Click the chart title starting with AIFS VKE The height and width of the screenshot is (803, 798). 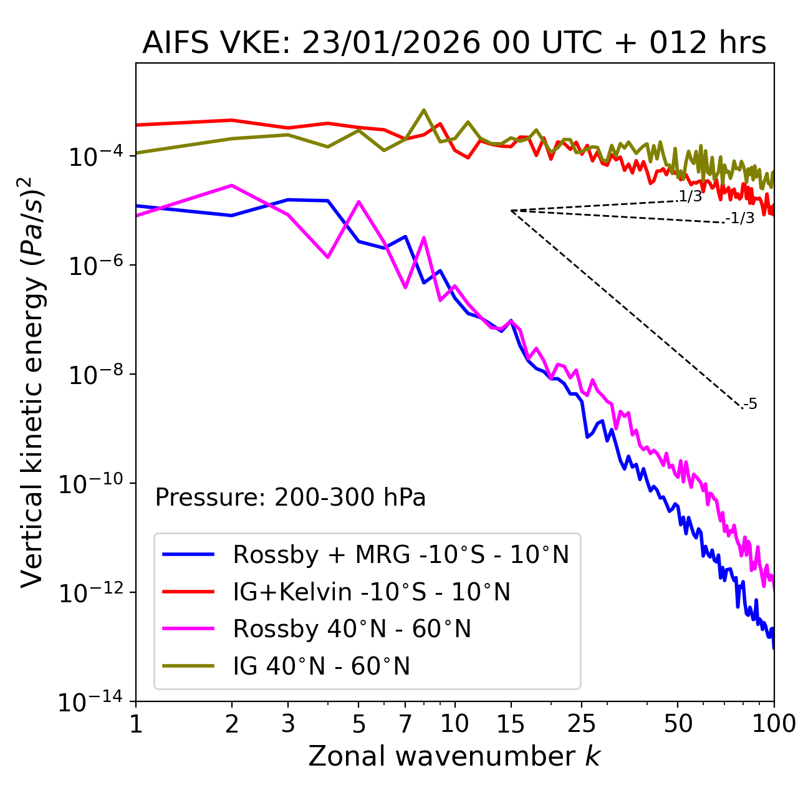[x=454, y=44]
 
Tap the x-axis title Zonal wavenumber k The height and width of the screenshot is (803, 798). [x=454, y=756]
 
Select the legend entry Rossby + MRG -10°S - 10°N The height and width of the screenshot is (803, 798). [x=401, y=554]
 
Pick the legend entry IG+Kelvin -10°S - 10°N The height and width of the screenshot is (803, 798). [x=372, y=592]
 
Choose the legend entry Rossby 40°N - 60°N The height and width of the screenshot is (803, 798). [x=352, y=629]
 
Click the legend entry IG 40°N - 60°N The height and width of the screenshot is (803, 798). [x=321, y=666]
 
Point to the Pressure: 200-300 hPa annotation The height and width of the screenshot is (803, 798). [x=290, y=498]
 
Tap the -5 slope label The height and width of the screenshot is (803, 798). [x=750, y=405]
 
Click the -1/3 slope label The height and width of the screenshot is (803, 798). [x=740, y=218]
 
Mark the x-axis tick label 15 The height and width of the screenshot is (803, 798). [x=511, y=724]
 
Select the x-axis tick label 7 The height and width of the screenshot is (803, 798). [x=405, y=724]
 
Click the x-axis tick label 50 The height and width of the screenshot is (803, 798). [x=678, y=724]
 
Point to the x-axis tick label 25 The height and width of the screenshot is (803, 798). [x=582, y=724]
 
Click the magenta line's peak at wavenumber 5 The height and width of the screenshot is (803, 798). [x=358, y=201]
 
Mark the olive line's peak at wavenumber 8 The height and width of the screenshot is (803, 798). [x=424, y=110]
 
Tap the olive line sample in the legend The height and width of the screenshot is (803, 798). [x=188, y=666]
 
